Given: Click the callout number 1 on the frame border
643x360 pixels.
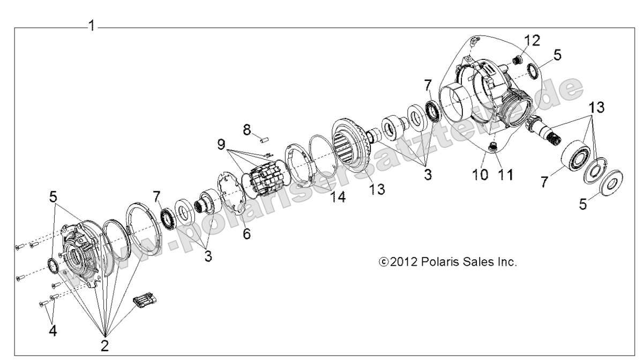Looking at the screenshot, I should (x=92, y=25).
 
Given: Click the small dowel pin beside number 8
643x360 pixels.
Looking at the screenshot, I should (x=264, y=140).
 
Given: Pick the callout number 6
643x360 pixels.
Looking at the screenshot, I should (x=246, y=234).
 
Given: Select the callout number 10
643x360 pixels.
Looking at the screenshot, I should (x=481, y=175).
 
